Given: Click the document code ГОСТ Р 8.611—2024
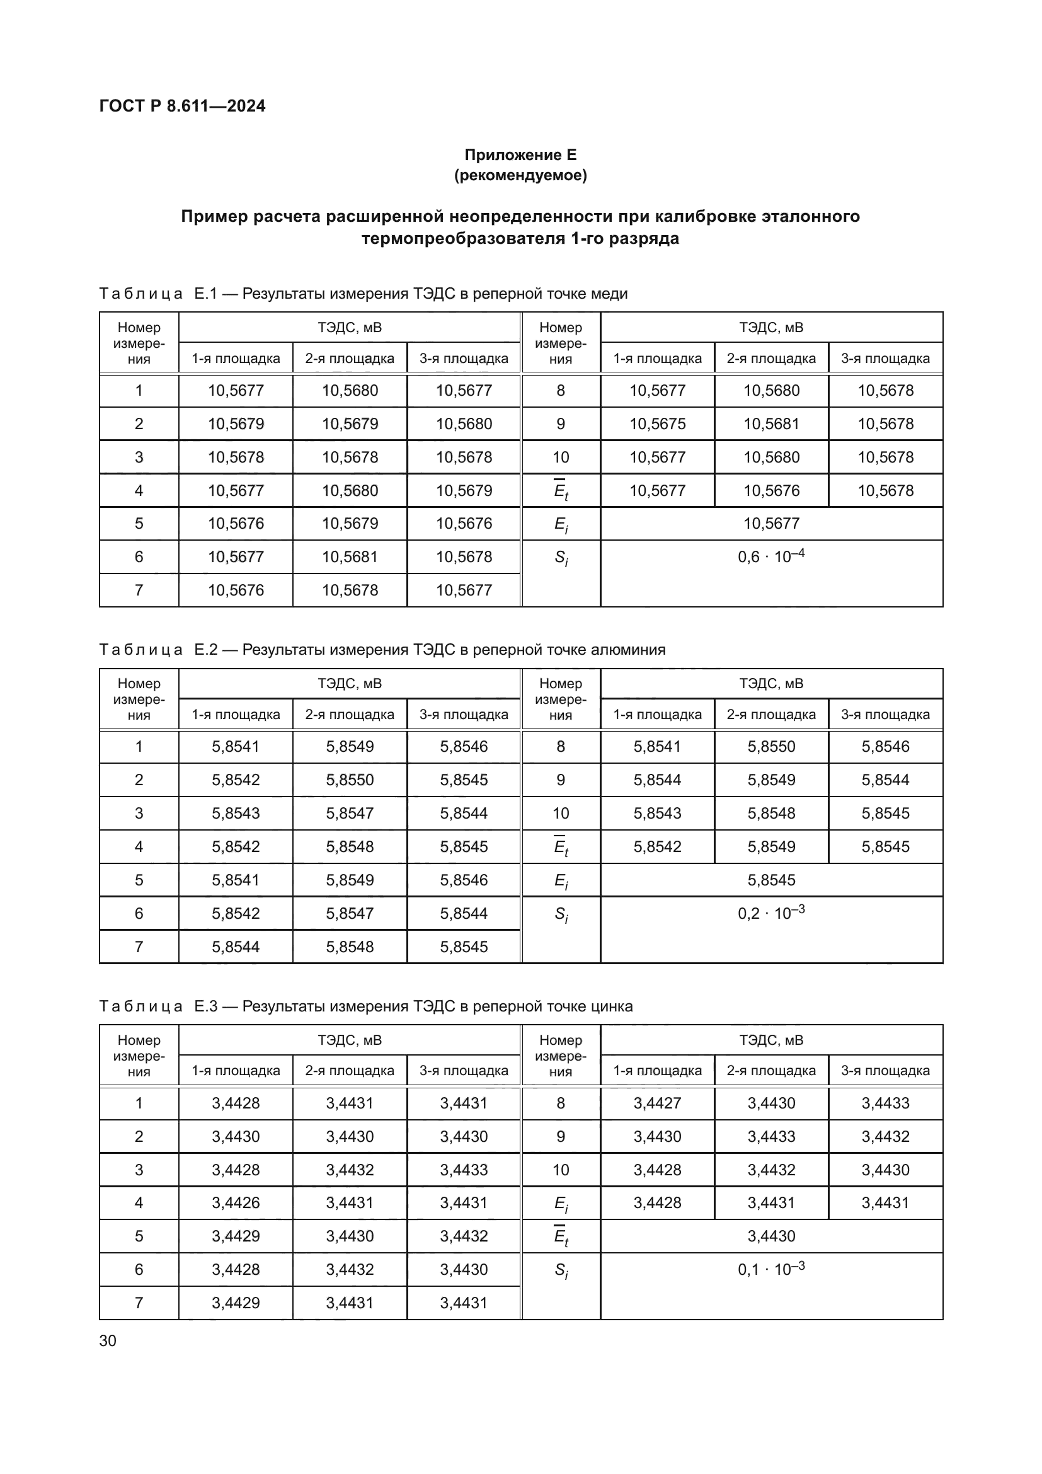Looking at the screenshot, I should pos(182,106).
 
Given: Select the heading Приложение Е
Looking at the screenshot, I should pos(520,155).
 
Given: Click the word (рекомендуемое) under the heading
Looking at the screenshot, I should pos(520,175).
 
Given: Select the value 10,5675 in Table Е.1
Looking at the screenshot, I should pos(657,423).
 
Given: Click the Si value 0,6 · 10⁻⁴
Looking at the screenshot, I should pos(770,556).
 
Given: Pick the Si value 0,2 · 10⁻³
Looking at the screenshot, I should pos(770,913).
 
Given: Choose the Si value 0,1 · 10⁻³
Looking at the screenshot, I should pos(770,1269).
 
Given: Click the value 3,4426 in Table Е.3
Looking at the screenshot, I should pos(236,1202).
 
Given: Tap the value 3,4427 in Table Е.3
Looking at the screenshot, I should pos(657,1103).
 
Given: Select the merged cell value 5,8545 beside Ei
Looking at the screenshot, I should pos(770,880).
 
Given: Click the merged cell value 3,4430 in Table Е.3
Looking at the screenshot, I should pos(770,1236).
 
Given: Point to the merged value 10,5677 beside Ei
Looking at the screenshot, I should pos(770,523).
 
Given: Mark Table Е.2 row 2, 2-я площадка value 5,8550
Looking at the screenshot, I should pos(350,780).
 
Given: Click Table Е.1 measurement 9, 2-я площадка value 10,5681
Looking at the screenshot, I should pos(770,423).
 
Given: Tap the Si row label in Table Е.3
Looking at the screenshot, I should pos(561,1270).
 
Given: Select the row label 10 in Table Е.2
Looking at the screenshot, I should pos(561,813).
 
